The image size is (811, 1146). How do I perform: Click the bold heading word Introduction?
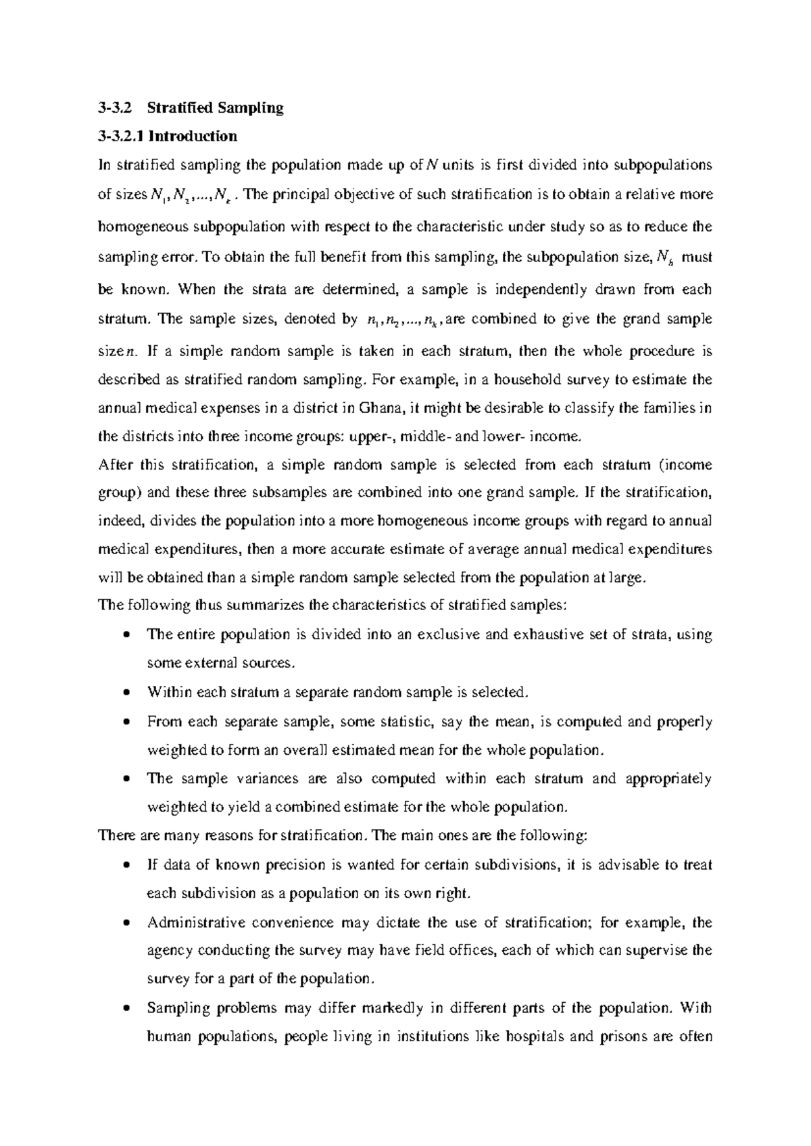click(x=193, y=136)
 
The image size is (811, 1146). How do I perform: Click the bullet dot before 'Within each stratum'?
click(x=126, y=693)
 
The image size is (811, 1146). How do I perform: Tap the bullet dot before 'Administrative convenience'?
click(x=126, y=923)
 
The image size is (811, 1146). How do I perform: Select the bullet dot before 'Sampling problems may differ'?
click(x=126, y=1008)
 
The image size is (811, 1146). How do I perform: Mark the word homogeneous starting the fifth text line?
click(x=138, y=227)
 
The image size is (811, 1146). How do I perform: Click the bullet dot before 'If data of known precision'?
click(x=126, y=866)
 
